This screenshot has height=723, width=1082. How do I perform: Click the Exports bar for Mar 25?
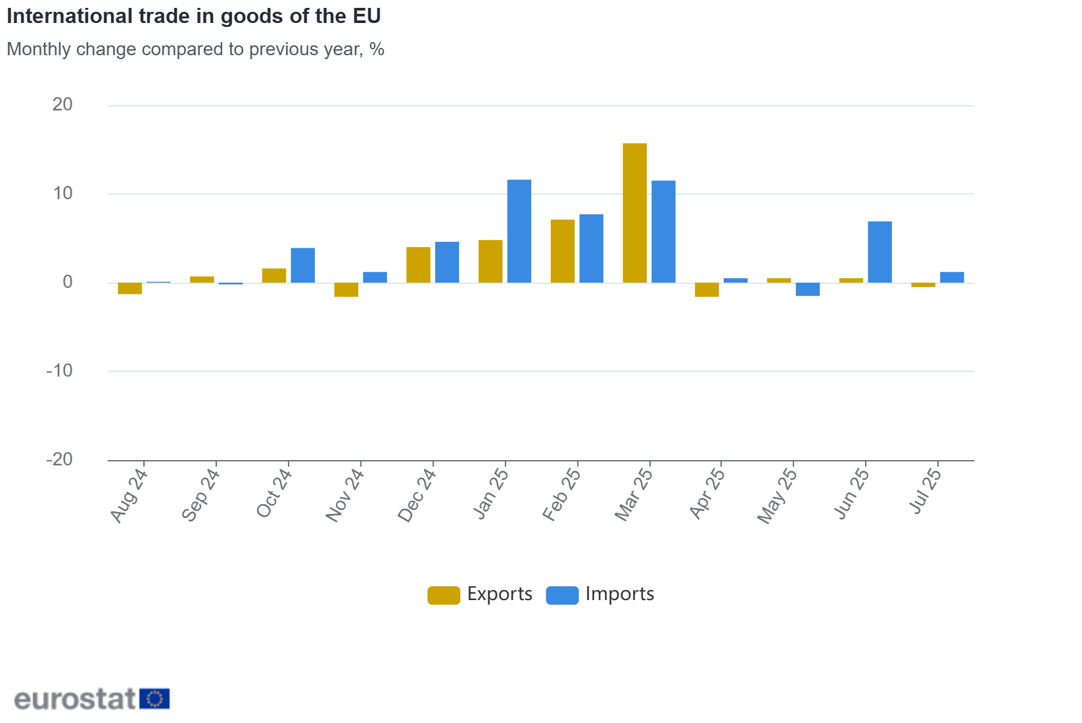tap(634, 213)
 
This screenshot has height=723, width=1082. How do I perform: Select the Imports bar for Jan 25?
tap(519, 231)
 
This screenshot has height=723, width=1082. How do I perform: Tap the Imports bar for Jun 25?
tap(880, 252)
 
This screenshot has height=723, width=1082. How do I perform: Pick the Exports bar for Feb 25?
tap(563, 251)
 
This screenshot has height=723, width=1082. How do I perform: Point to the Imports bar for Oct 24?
tap(303, 266)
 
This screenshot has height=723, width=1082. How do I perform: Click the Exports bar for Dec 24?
tap(418, 265)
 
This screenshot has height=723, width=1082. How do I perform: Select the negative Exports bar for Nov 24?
tap(346, 290)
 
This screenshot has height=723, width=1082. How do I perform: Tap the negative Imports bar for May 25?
tap(807, 289)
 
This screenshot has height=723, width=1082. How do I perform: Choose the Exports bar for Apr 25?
tap(707, 290)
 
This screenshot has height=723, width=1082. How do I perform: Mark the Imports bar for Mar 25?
tap(663, 232)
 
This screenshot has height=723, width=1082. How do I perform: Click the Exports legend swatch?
tap(444, 595)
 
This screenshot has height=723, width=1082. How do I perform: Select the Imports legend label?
tap(619, 594)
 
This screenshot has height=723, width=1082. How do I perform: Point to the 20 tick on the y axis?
tap(63, 105)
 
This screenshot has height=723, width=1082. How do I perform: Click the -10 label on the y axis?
tap(60, 371)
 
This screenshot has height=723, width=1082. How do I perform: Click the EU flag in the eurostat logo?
tap(155, 699)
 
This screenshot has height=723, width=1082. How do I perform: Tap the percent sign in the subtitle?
tap(377, 49)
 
